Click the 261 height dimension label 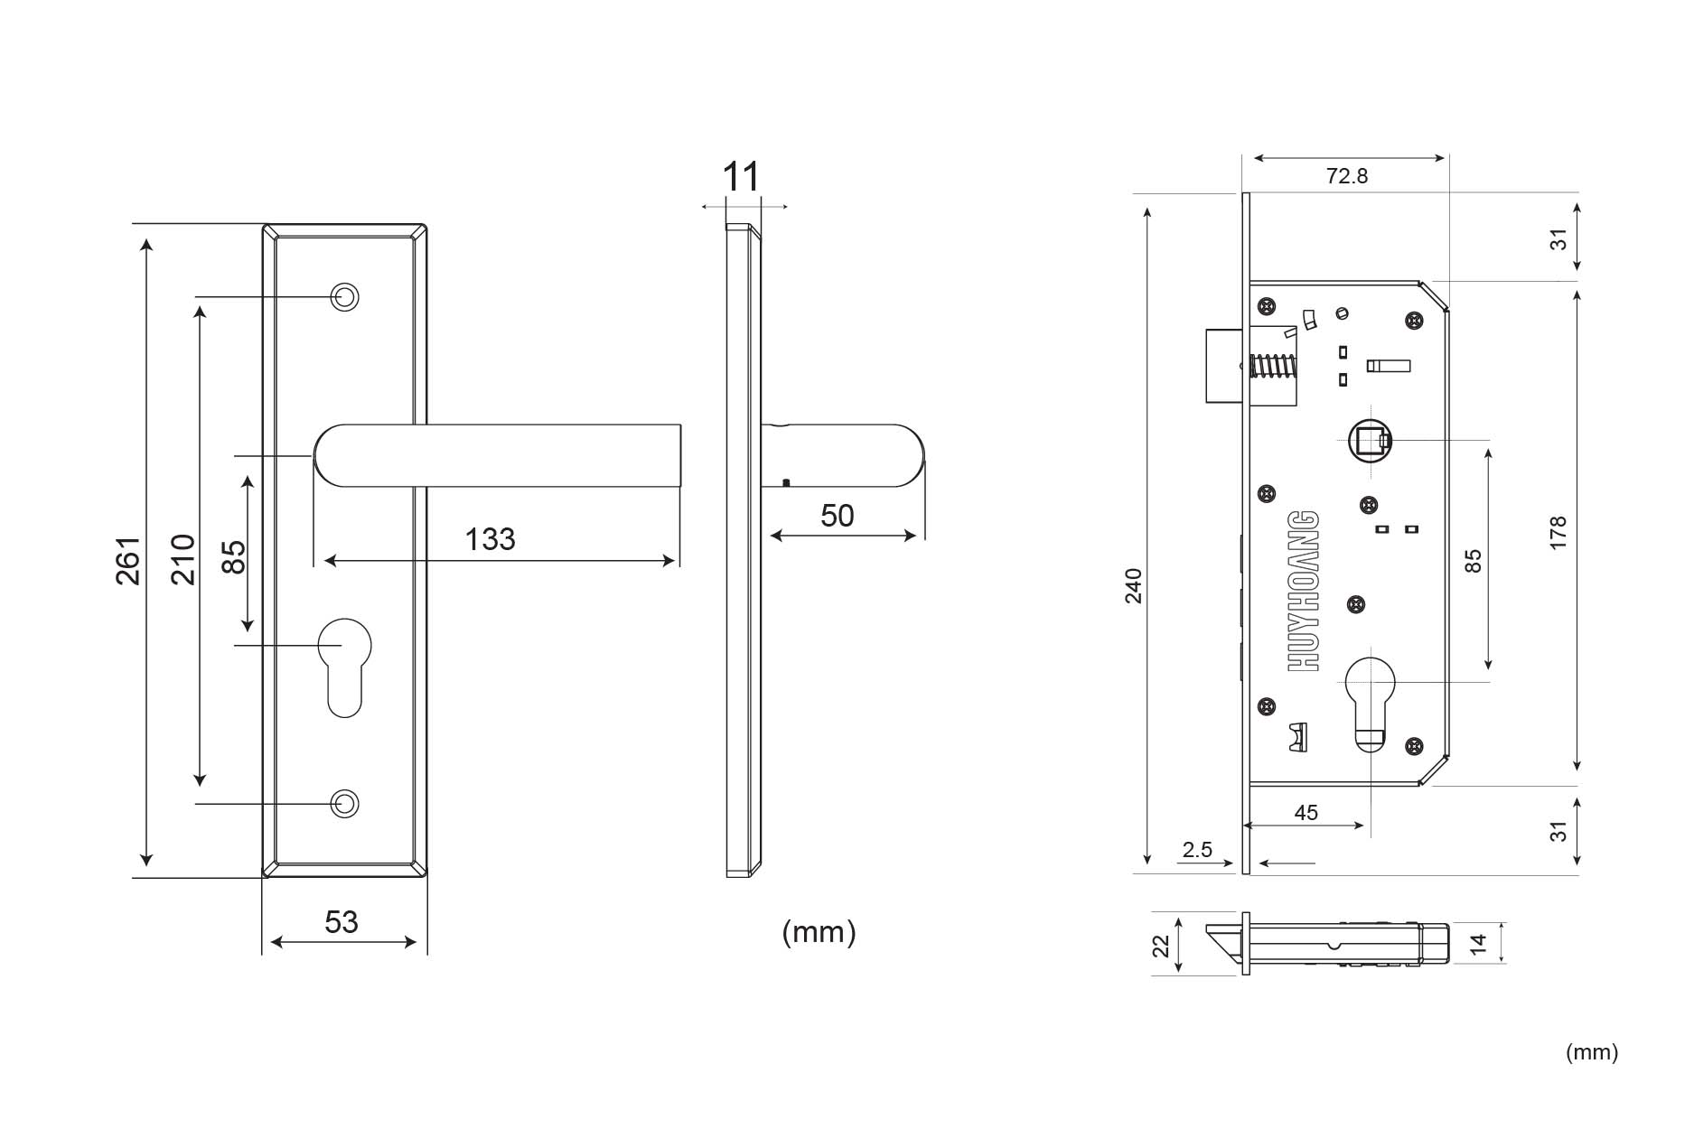pos(128,561)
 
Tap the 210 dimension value pos(183,559)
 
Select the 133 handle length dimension pos(490,539)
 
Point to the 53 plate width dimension pos(342,922)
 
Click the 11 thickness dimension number pos(742,177)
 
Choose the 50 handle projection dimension pos(837,516)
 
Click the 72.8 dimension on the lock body pos(1346,176)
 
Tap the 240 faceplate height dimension pos(1134,586)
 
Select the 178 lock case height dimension pos(1558,534)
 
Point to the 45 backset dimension pos(1306,813)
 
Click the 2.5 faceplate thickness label pos(1197,850)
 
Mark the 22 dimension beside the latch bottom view pos(1161,946)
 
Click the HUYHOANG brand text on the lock pos(1304,591)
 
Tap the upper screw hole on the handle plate pos(344,296)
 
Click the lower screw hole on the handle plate pos(344,803)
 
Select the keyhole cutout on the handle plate pos(344,664)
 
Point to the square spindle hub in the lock pos(1368,441)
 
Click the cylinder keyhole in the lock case pos(1370,700)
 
